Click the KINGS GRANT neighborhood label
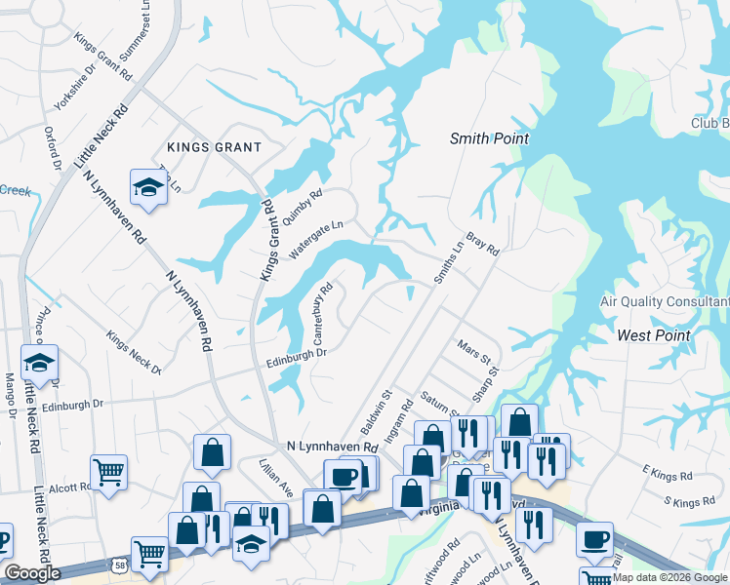click(x=214, y=147)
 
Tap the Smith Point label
click(x=489, y=138)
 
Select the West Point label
click(x=654, y=335)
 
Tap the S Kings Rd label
click(x=688, y=503)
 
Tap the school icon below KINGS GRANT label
click(x=147, y=187)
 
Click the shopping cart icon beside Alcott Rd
click(x=109, y=472)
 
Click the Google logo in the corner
click(x=31, y=573)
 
